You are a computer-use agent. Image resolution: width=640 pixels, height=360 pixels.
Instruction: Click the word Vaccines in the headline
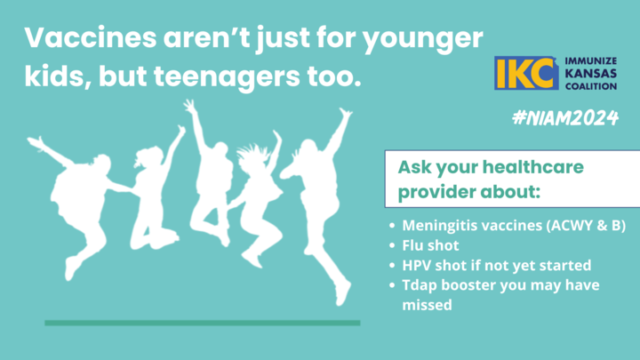[x=91, y=37]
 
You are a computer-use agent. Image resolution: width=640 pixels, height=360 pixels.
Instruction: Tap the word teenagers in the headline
[x=227, y=76]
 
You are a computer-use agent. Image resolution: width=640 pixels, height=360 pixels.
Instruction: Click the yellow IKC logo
[x=526, y=73]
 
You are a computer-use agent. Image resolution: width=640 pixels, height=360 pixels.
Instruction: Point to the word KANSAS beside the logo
[x=590, y=74]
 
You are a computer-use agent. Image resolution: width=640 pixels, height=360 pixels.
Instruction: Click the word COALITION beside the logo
[x=590, y=86]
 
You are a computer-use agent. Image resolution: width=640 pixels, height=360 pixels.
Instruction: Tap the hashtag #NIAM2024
[x=565, y=118]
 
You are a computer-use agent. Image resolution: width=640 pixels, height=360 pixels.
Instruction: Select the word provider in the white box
[x=436, y=192]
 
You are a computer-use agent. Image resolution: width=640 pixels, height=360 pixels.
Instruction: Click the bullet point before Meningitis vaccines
[x=392, y=225]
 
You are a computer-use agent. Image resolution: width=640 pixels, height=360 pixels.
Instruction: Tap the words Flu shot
[x=430, y=245]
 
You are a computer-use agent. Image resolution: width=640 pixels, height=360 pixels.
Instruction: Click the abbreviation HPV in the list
[x=417, y=265]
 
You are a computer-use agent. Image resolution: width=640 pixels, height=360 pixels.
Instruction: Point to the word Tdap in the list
[x=420, y=285]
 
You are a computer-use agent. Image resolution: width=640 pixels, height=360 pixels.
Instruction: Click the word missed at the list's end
[x=427, y=305]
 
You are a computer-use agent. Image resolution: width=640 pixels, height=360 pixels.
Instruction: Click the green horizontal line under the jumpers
[x=203, y=323]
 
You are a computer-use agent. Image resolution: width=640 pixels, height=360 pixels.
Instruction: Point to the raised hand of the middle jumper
[x=190, y=106]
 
